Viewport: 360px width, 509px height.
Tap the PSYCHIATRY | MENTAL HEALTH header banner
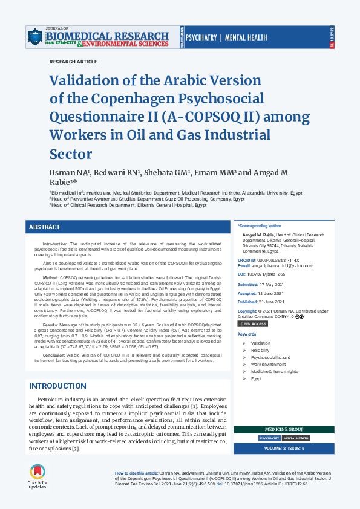coord(226,38)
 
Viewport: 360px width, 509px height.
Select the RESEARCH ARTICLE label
coord(73,62)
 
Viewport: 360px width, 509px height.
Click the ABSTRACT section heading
coord(45,227)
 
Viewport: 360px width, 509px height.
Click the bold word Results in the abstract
coord(50,325)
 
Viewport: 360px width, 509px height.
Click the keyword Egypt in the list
coord(257,378)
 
